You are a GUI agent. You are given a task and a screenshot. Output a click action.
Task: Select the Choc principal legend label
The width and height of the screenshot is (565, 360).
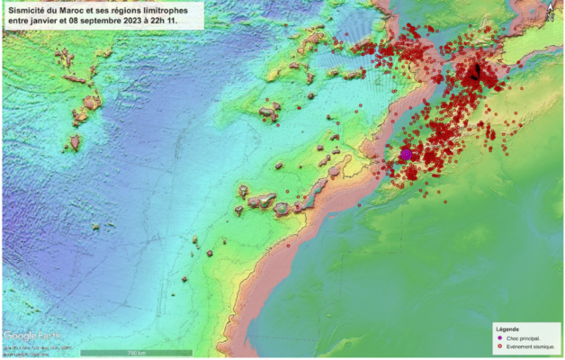point(525,337)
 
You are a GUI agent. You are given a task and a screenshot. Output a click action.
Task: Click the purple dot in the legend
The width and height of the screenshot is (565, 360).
point(500,337)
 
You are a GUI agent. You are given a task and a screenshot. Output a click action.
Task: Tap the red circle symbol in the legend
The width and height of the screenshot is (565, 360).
point(500,346)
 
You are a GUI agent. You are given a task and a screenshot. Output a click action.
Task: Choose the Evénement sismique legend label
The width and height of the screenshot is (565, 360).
point(531,346)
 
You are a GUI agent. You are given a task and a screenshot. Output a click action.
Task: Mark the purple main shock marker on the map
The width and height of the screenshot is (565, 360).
point(406,155)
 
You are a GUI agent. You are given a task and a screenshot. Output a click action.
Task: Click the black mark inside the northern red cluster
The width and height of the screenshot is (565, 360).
point(476,72)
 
